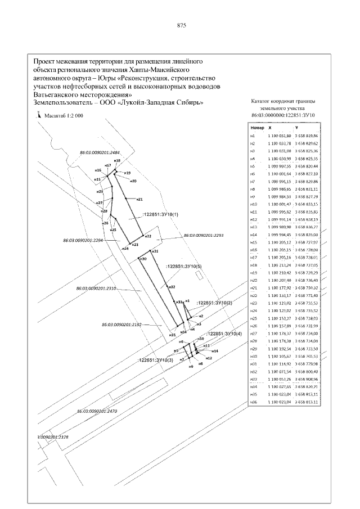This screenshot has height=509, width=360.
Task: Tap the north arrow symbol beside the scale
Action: [38, 114]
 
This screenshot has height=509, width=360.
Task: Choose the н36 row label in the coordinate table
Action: [254, 402]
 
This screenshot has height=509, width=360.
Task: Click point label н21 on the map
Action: [139, 199]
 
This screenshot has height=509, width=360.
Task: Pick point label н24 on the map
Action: [124, 248]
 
